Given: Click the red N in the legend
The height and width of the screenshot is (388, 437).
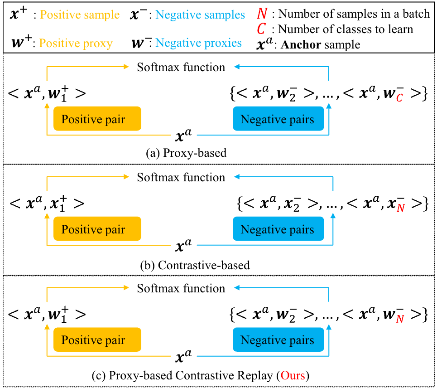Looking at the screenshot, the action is point(262,13).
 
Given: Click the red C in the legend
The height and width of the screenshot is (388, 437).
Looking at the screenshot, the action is point(261,29).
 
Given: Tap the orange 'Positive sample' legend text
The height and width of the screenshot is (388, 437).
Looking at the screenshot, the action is point(80,15).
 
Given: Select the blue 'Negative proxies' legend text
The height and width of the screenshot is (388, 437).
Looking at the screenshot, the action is point(198,43).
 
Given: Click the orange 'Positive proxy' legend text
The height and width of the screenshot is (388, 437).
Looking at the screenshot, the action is point(76,43).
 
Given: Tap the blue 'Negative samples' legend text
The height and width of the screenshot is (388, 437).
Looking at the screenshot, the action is point(200,15).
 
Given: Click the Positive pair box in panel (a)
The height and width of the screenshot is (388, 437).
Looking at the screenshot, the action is point(97,119).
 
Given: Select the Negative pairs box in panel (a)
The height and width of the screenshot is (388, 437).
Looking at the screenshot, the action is point(279,119).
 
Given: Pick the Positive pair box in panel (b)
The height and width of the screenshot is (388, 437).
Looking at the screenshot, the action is point(97,229).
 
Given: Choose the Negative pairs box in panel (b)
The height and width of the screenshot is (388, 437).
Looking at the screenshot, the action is point(279,229).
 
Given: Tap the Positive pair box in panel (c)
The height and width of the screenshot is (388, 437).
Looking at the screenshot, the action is point(97,339).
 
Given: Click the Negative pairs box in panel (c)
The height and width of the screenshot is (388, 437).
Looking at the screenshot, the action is point(279,339).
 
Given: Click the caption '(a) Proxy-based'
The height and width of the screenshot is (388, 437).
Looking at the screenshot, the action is point(186,153).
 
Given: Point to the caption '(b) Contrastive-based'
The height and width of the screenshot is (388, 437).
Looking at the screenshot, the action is point(195,265).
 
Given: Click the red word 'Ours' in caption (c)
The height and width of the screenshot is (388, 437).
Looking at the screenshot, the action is point(293,375).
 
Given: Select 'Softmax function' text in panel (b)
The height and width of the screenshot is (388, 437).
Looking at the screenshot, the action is point(181,177).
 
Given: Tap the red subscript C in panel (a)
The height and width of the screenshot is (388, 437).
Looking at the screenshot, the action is point(399,98).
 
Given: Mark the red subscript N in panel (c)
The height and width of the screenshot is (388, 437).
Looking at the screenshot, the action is point(400,319).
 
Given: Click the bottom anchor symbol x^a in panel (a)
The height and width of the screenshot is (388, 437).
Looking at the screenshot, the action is point(183,135).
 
